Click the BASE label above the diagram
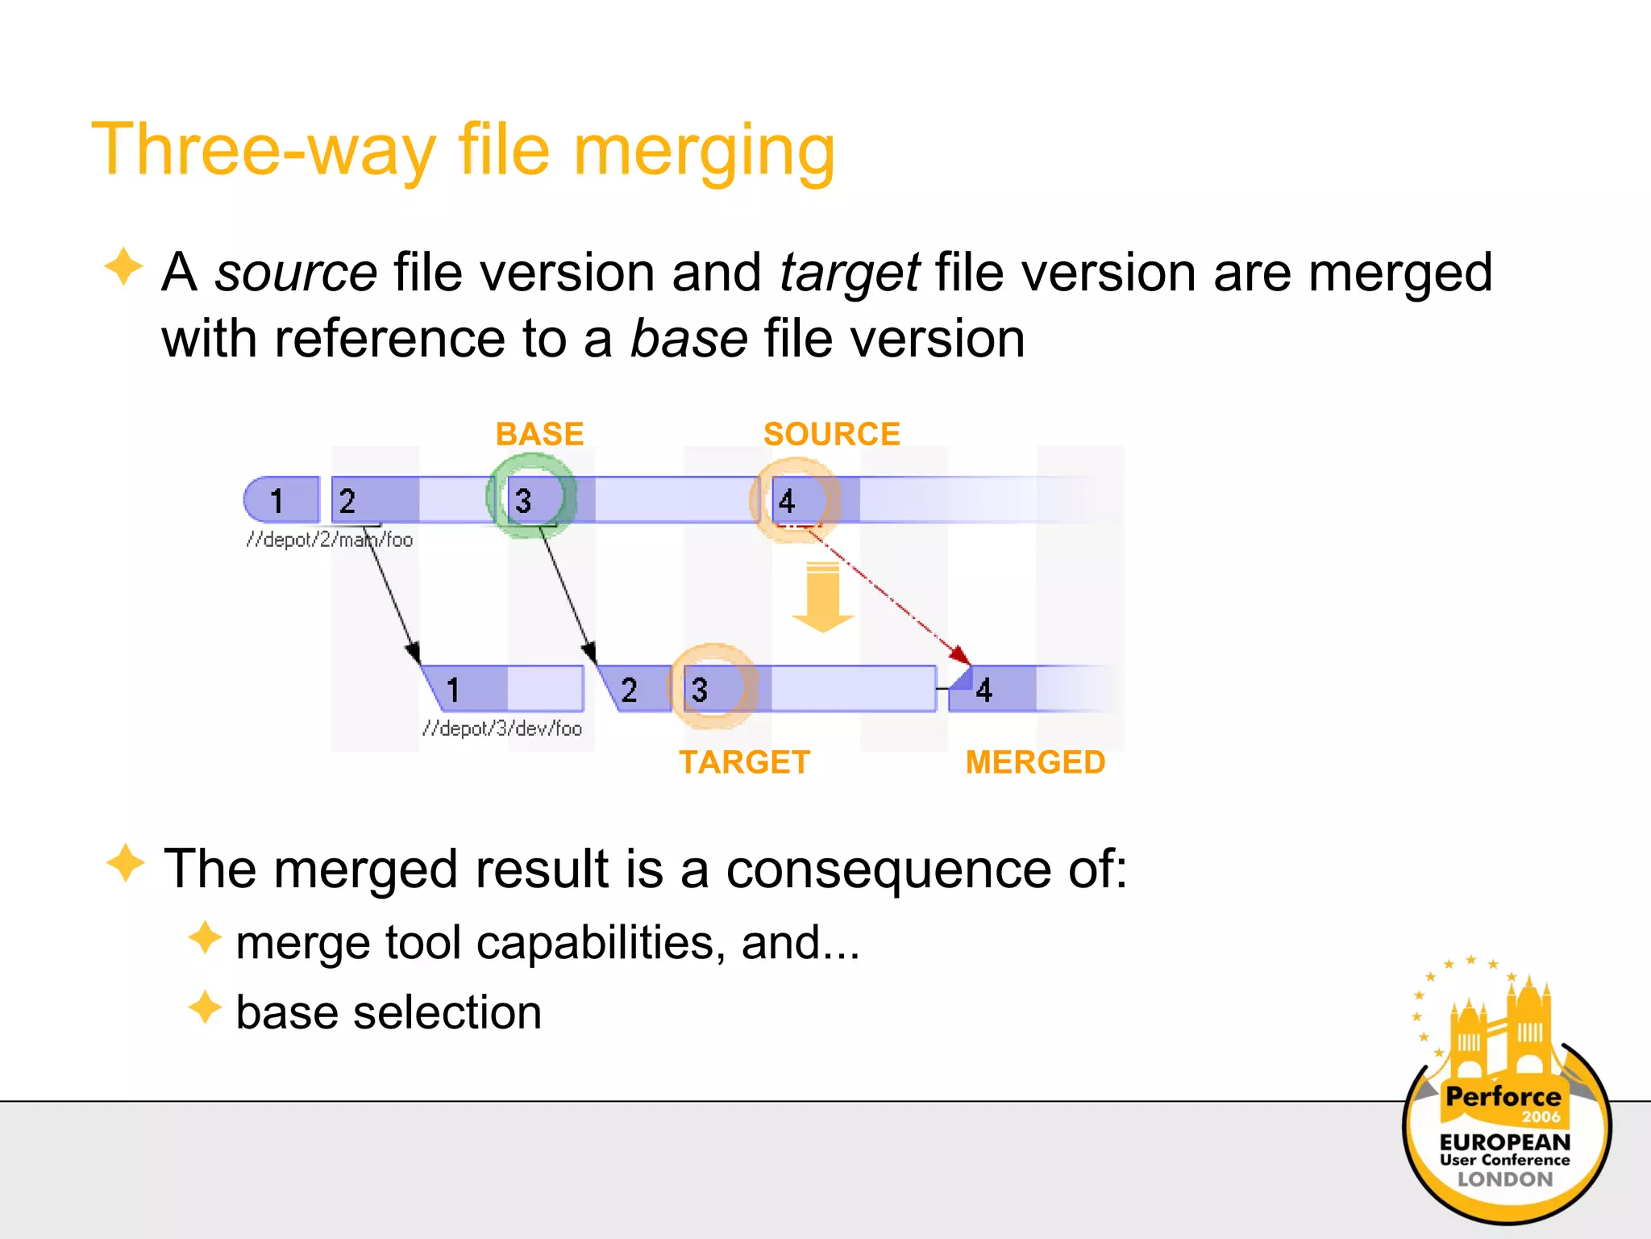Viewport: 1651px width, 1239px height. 539,434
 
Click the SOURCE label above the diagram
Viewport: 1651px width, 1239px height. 831,434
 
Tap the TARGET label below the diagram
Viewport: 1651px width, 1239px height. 744,762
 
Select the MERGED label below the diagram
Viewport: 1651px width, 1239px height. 1035,762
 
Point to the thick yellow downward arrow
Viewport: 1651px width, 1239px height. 823,597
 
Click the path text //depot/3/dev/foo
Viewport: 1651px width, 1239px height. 501,728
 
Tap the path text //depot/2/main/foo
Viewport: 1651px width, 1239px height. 330,540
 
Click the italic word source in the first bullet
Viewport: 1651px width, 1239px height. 296,273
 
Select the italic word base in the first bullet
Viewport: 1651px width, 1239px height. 688,338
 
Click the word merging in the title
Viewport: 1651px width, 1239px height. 703,152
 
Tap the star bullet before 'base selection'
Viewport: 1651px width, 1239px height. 205,1008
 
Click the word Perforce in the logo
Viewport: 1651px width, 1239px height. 1503,1096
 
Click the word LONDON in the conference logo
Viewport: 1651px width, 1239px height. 1504,1179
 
